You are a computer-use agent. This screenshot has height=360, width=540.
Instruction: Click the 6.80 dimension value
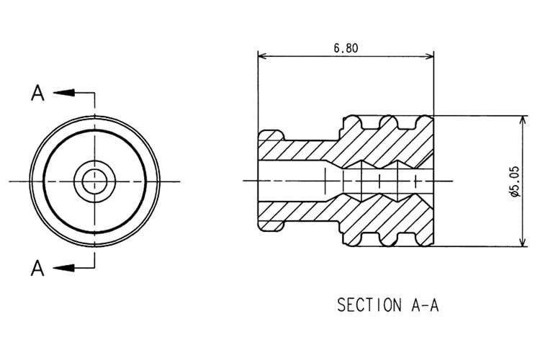[x=346, y=49]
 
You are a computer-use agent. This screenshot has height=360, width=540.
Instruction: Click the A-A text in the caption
[x=425, y=305]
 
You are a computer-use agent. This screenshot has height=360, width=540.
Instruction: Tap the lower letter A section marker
[x=38, y=268]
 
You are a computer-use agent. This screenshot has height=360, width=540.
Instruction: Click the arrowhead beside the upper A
[x=62, y=92]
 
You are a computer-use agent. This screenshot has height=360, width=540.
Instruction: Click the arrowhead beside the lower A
[x=62, y=268]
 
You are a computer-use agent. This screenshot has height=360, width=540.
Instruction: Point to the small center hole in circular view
[x=94, y=180]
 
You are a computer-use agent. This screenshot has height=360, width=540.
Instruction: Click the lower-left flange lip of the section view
[x=270, y=225]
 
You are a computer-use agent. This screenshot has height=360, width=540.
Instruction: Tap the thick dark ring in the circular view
[x=45, y=180]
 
